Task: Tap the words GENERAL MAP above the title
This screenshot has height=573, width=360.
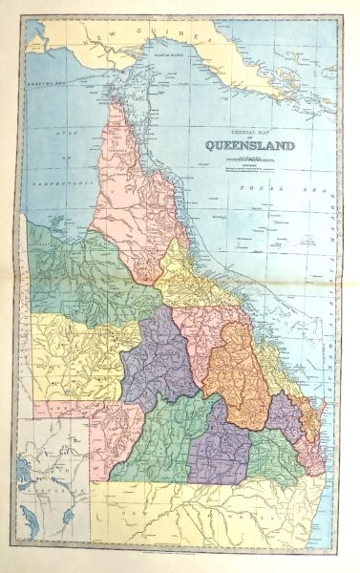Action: [246, 132]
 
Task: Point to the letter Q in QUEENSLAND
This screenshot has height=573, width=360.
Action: [206, 148]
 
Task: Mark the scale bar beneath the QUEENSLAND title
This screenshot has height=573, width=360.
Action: [247, 159]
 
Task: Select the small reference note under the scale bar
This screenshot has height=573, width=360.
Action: [247, 170]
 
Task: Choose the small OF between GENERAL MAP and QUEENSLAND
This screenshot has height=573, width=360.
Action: [247, 139]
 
